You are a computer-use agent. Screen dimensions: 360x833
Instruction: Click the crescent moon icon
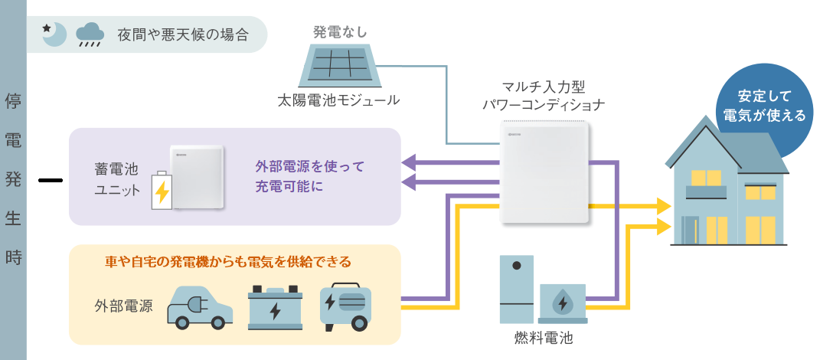click(x=54, y=34)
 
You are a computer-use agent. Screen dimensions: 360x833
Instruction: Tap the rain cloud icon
click(x=90, y=34)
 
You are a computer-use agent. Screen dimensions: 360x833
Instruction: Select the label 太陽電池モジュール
click(x=339, y=100)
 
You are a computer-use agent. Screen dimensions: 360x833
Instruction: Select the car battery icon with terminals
click(x=275, y=308)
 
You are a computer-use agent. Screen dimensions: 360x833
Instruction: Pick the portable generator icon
click(x=346, y=308)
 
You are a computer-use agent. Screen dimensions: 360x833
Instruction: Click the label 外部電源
click(x=123, y=306)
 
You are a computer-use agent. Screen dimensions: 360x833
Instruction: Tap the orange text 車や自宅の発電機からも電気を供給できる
click(x=227, y=262)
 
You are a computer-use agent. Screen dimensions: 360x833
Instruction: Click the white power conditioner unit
click(x=547, y=172)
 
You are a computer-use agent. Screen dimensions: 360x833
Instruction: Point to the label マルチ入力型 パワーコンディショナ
click(x=544, y=96)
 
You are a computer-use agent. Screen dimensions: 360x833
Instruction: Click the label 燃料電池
click(x=544, y=337)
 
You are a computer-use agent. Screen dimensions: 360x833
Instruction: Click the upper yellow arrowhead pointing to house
click(x=662, y=206)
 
